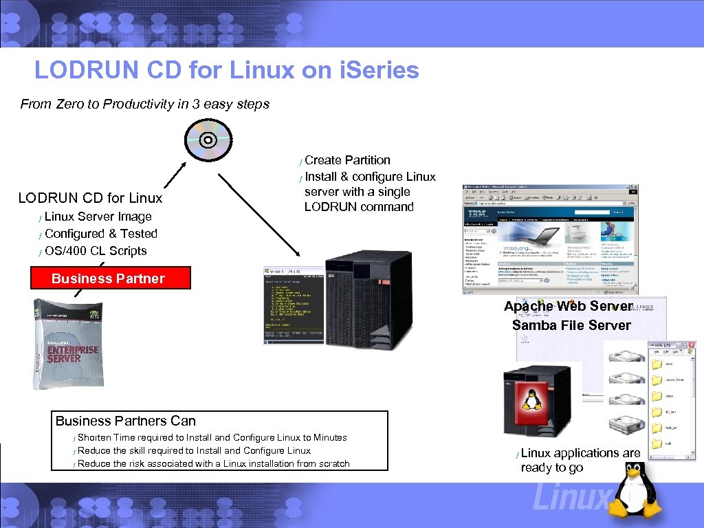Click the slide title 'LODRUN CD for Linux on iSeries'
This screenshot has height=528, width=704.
(x=226, y=70)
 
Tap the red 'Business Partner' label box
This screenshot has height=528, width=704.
(x=109, y=278)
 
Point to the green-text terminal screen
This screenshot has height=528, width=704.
(x=294, y=305)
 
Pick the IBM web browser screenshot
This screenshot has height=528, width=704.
(x=550, y=239)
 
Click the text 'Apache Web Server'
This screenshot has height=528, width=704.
(x=568, y=306)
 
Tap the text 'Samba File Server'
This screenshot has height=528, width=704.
(x=571, y=325)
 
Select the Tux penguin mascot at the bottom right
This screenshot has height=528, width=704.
(x=637, y=492)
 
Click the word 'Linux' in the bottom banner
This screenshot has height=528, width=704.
(x=571, y=497)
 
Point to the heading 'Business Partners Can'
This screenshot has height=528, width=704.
(x=126, y=421)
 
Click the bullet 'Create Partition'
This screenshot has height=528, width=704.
(x=347, y=160)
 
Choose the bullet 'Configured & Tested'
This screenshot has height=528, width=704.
(x=101, y=234)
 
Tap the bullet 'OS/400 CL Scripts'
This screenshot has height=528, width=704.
(x=96, y=251)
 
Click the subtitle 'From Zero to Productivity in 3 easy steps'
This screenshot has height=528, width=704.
(x=144, y=104)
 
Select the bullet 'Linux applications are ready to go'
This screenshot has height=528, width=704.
(x=580, y=460)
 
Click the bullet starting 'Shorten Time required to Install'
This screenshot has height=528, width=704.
(x=212, y=437)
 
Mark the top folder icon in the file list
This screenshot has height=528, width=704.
(x=657, y=362)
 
